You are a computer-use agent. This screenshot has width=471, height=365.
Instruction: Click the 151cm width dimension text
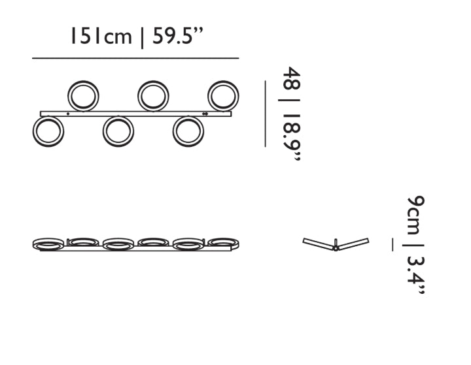pyautogui.click(x=101, y=36)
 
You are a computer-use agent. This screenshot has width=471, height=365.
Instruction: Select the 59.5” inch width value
pyautogui.click(x=178, y=36)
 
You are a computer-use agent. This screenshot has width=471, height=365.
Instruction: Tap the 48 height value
pyautogui.click(x=291, y=78)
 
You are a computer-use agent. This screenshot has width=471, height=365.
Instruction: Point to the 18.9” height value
pyautogui.click(x=291, y=137)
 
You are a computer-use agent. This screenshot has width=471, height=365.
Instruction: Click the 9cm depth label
pyautogui.click(x=416, y=215)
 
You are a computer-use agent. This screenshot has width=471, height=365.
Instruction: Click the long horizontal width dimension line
pyautogui.click(x=135, y=58)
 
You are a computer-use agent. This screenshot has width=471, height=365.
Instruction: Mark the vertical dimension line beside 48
pyautogui.click(x=265, y=114)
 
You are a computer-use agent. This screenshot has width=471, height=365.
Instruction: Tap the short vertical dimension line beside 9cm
pyautogui.click(x=392, y=244)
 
